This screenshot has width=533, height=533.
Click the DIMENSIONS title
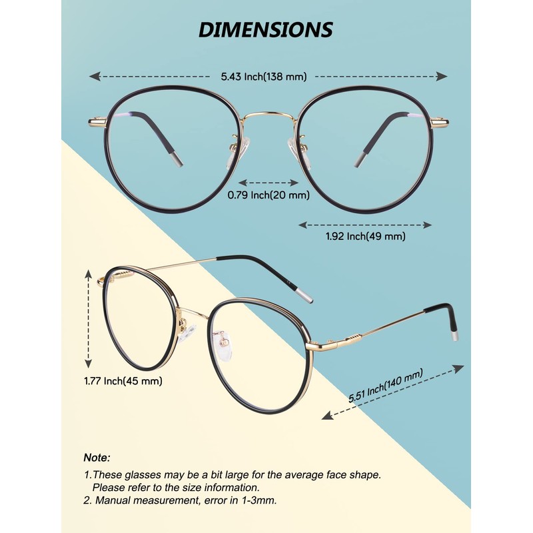pos(265,29)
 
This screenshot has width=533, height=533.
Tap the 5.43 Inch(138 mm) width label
pos(264,77)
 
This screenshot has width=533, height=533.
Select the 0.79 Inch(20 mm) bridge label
pos(268,195)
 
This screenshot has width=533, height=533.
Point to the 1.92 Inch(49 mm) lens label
pos(365,236)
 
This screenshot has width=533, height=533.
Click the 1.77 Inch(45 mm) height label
pos(123,380)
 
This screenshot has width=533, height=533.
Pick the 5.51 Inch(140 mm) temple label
pos(386,386)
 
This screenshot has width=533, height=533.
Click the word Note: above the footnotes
pos(97,458)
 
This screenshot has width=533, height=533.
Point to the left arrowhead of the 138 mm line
pos(95,77)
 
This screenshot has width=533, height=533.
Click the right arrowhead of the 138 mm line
pos(442,77)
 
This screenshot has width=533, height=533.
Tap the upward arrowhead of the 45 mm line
pos(89,274)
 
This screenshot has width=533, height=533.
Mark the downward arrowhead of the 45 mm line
pos(89,362)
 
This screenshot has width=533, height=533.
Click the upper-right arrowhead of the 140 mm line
pos(458,368)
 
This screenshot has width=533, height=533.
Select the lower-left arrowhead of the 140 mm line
pos(327,415)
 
